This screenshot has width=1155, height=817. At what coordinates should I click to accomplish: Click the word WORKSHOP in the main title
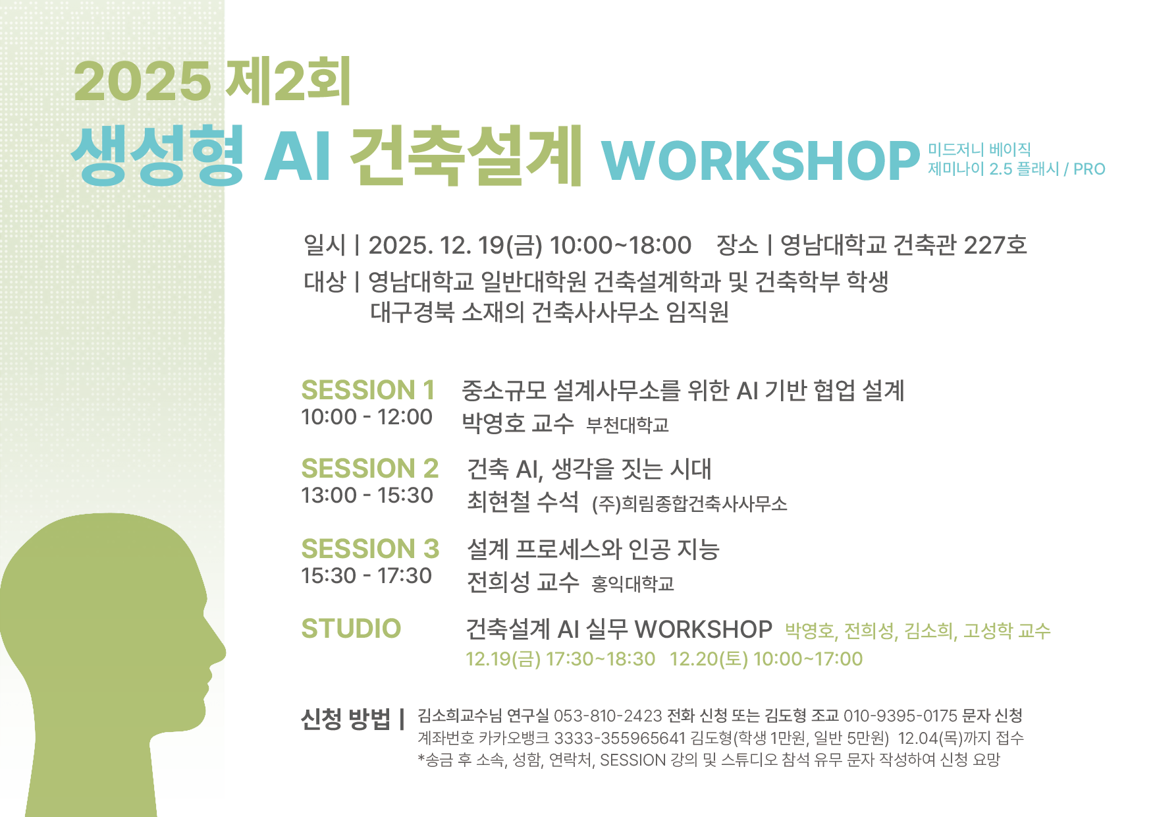[x=761, y=160]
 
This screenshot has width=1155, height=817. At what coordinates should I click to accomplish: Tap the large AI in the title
[x=298, y=156]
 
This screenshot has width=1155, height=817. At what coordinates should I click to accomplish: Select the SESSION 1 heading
[x=368, y=390]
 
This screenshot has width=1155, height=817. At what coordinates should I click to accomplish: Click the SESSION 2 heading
[x=370, y=468]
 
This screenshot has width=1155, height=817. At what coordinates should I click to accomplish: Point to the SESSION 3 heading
[x=370, y=548]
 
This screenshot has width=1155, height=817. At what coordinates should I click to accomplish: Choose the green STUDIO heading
[x=351, y=629]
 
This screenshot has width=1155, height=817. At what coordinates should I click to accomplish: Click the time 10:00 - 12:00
[x=367, y=417]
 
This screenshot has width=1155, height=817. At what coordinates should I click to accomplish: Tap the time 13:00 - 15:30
[x=367, y=495]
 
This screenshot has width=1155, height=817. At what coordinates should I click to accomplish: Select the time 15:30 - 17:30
[x=367, y=576]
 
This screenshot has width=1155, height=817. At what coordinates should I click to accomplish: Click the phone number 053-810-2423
[x=608, y=716]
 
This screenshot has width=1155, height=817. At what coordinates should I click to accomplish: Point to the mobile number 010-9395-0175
[x=900, y=716]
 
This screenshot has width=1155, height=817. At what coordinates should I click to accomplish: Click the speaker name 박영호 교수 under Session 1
[x=518, y=422]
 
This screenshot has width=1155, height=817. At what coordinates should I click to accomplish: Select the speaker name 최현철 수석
[x=523, y=501]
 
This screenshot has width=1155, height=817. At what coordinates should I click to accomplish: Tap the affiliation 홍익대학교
[x=633, y=584]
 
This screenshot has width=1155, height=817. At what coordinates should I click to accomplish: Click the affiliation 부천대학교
[x=628, y=425]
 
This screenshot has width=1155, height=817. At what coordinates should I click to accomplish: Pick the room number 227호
[x=995, y=245]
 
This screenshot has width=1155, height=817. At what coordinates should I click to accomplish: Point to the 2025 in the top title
[x=142, y=82]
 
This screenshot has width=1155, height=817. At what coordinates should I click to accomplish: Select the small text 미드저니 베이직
[x=979, y=150]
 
